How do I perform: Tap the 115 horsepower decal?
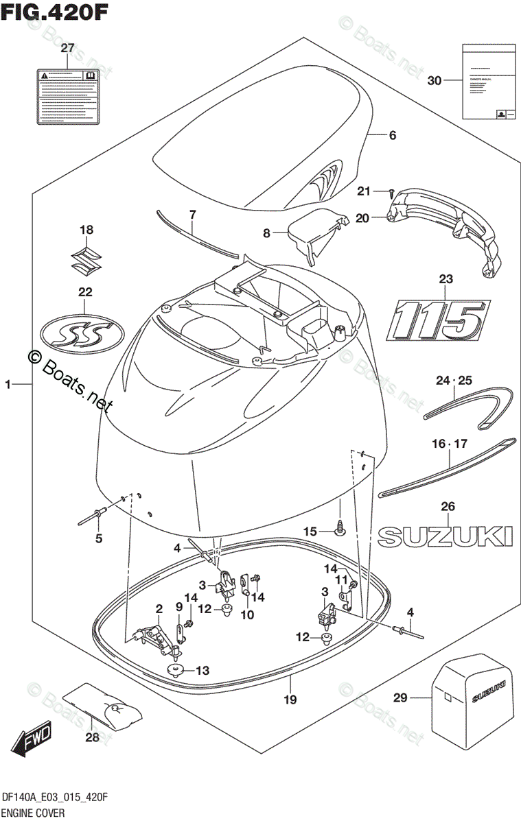(x=437, y=320)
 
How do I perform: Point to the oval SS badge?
(x=83, y=333)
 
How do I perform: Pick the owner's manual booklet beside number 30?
(x=487, y=81)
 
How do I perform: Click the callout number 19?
(x=290, y=700)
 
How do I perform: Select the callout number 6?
(x=393, y=136)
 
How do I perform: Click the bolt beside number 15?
(x=339, y=527)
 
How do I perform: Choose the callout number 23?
(x=447, y=279)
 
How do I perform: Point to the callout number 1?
(x=8, y=386)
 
